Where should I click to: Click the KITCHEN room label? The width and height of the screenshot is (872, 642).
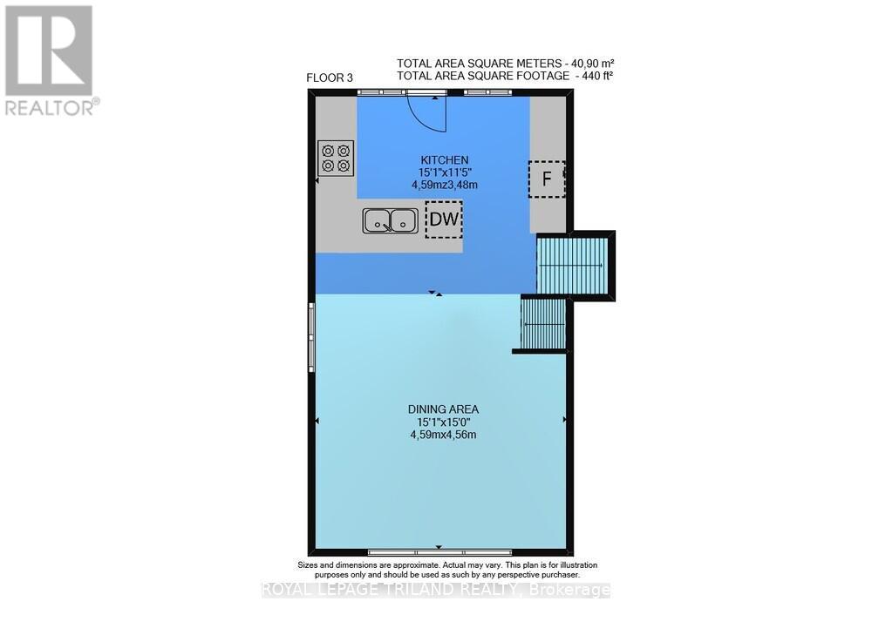[445, 160]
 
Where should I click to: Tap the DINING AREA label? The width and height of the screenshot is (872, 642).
[443, 409]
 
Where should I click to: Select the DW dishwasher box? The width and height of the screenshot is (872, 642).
[444, 220]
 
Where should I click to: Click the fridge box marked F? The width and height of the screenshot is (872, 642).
[548, 180]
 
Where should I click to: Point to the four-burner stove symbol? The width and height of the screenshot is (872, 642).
[335, 157]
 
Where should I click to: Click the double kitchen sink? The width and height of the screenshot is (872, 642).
[389, 221]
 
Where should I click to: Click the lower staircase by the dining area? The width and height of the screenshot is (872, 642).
[543, 322]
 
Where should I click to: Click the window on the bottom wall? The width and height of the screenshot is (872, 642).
[439, 551]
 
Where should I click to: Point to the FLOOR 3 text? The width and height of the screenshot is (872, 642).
[330, 78]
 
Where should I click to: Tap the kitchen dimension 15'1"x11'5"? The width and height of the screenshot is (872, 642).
[445, 173]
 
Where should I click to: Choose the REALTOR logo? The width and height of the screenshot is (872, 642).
[51, 60]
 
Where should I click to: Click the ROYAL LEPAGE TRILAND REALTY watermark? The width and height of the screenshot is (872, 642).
[436, 590]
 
